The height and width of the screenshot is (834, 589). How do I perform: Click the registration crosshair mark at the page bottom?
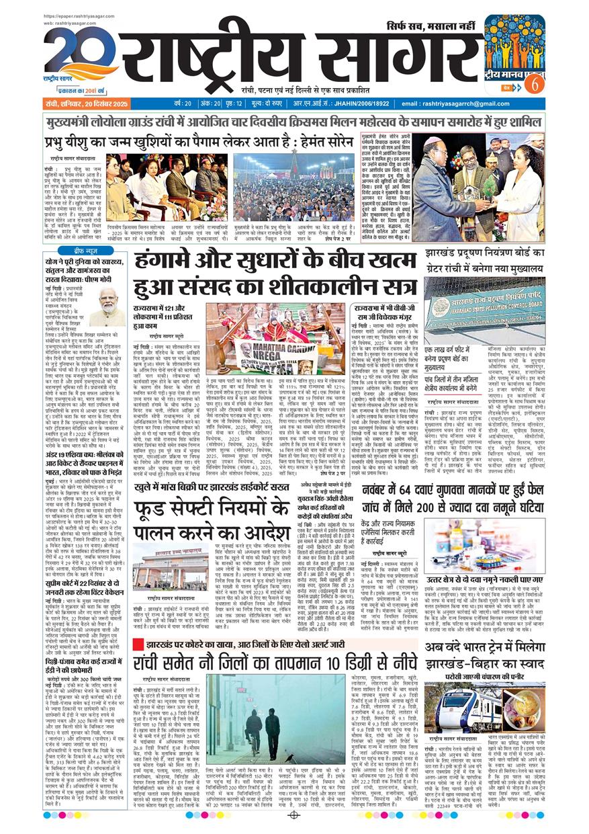coord(293,815)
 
